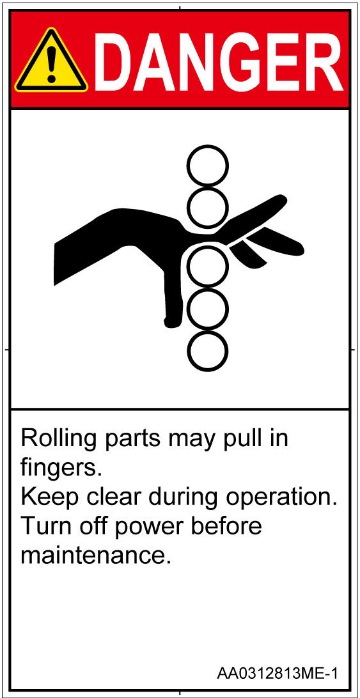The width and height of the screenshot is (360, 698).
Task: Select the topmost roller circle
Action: pos(207,166)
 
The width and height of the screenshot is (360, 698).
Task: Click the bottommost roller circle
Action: pos(207,350)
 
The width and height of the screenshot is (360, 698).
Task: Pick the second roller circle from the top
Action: pos(207,208)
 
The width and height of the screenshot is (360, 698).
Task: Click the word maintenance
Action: pos(95,557)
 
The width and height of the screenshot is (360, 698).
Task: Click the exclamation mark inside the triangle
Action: pos(52,64)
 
